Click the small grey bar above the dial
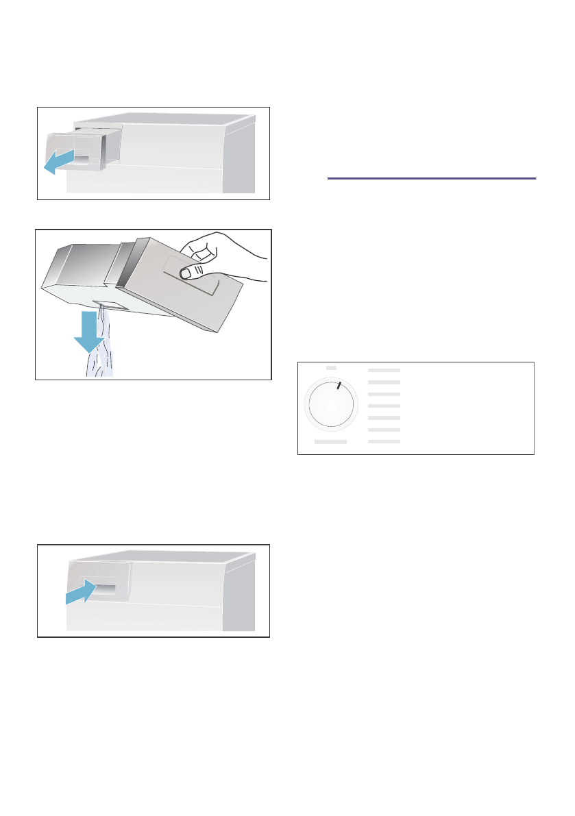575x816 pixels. (x=331, y=368)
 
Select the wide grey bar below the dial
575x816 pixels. (x=331, y=443)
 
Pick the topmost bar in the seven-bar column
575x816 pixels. (x=384, y=369)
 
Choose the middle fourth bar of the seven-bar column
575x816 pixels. (x=384, y=406)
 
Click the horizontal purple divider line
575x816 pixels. (x=431, y=179)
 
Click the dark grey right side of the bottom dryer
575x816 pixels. (x=240, y=596)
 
